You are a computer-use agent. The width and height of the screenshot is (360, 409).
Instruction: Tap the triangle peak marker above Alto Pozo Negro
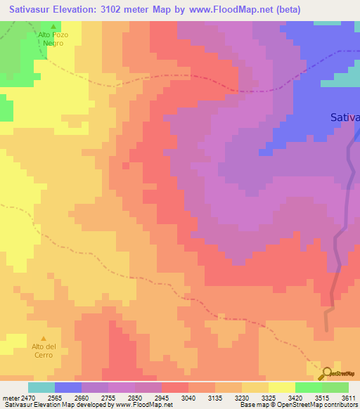coord(53,26)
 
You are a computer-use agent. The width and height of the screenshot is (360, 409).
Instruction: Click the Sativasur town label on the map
coord(345,118)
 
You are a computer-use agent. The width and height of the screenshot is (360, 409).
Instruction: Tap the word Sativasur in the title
coord(29,10)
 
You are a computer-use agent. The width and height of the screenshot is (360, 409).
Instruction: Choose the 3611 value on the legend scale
coord(349,398)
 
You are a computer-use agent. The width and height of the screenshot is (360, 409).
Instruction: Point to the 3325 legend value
coord(255,398)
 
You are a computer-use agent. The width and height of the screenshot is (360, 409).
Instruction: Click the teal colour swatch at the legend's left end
coord(41,387)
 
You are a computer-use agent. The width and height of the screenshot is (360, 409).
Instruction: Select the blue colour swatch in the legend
coord(68,387)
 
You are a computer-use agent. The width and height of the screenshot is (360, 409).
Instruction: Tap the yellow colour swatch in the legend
coord(282,387)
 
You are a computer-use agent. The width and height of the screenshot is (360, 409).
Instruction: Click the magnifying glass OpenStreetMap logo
coord(326,373)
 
